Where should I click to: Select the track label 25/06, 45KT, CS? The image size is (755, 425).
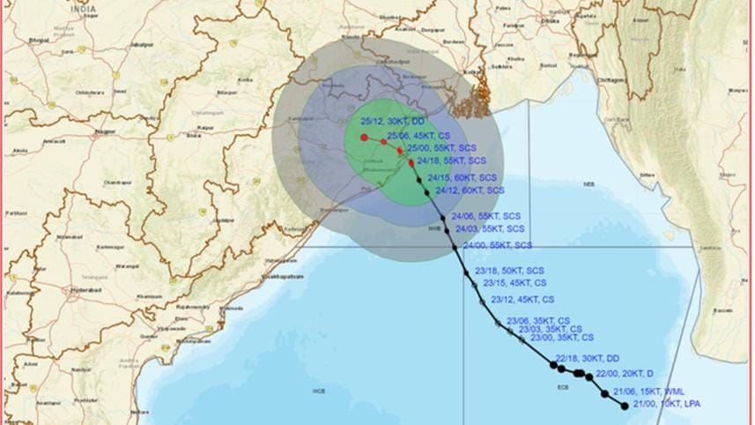tap(420, 136)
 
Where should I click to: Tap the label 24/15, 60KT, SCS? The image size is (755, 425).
tap(466, 177)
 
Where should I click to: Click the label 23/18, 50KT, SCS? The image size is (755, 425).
tap(509, 270)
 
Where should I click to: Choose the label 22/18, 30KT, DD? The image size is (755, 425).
tap(588, 358)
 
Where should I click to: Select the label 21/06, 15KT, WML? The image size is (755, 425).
tap(650, 391)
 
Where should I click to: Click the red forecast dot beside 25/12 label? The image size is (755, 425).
tap(364, 138)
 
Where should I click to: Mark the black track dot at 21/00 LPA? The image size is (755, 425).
tap(625, 406)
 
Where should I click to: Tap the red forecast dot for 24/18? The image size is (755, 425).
tap(411, 162)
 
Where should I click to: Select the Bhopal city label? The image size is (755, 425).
tap(38, 41)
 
